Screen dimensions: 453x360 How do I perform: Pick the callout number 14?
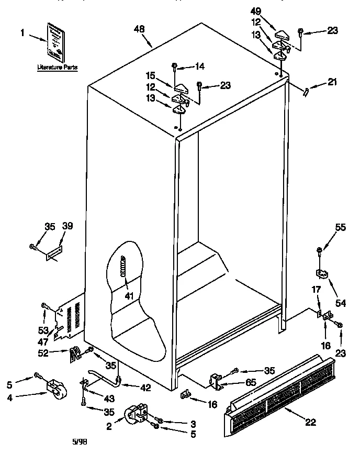click(199, 67)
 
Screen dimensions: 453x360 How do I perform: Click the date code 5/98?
click(80, 443)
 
